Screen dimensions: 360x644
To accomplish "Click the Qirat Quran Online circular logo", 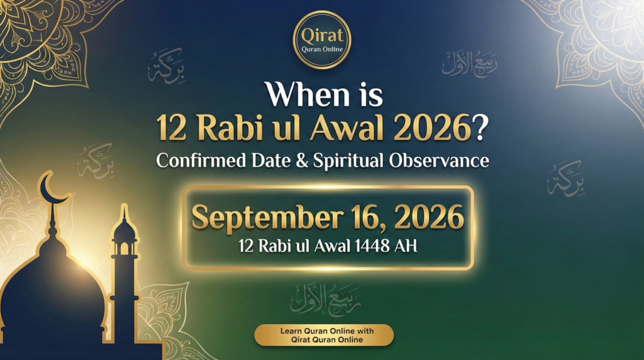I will click(322, 39).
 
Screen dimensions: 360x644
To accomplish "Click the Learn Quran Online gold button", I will click(323, 335).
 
